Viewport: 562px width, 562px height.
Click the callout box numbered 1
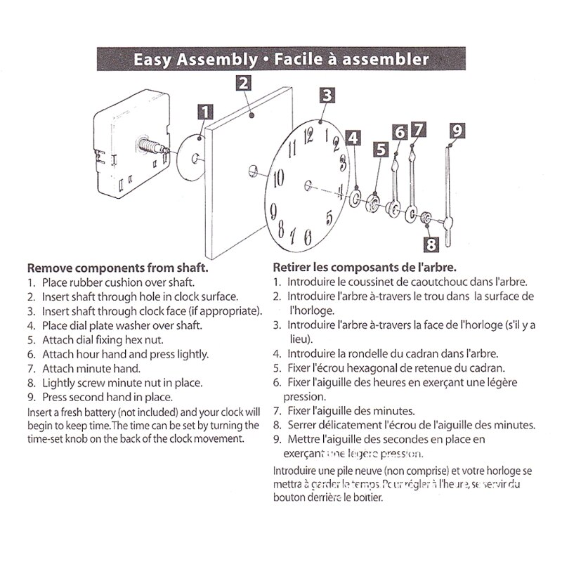coord(205,112)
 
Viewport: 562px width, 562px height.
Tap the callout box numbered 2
coord(243,83)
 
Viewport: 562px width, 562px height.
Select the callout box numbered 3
coord(327,96)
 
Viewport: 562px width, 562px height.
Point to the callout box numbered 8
coord(430,244)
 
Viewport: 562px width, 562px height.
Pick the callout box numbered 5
coord(381,149)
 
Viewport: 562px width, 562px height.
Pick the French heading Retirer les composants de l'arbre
coord(365,268)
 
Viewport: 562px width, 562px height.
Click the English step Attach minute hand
coord(91,368)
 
